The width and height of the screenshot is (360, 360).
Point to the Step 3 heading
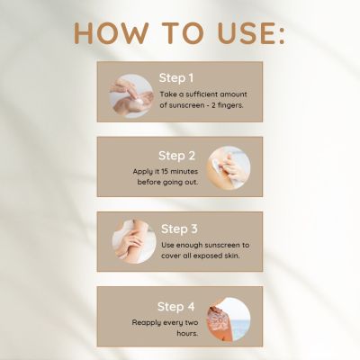(x=181, y=229)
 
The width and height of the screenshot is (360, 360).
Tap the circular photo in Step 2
(x=228, y=167)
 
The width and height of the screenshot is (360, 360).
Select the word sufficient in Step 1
(x=200, y=93)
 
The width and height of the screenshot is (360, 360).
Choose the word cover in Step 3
(x=174, y=256)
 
